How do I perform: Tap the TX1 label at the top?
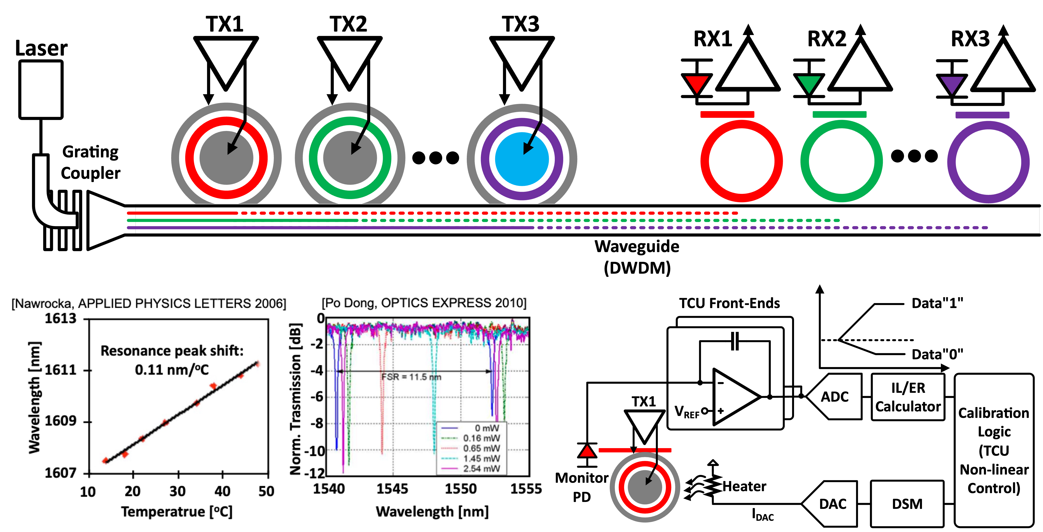[x=225, y=24]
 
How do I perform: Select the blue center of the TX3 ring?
[x=522, y=159]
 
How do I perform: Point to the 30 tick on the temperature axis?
[x=177, y=491]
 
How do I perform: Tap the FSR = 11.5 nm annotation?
[x=411, y=377]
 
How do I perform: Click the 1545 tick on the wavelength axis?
[x=392, y=489]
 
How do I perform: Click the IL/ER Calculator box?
[x=908, y=397]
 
